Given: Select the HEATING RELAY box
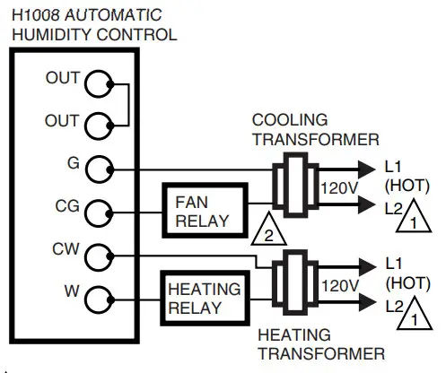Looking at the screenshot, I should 203,299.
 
